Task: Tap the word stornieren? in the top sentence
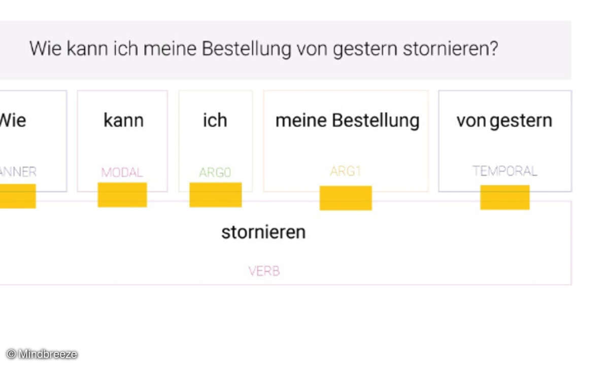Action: pyautogui.click(x=450, y=49)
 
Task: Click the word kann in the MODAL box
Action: pyautogui.click(x=123, y=121)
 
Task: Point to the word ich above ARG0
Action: pyautogui.click(x=215, y=121)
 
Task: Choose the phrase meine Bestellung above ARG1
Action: pyautogui.click(x=347, y=121)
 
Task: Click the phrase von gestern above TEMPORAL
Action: pyautogui.click(x=504, y=121)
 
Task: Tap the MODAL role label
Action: pyautogui.click(x=122, y=172)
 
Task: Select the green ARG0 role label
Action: pyautogui.click(x=215, y=172)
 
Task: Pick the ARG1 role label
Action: pyautogui.click(x=345, y=171)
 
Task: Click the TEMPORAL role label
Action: pyautogui.click(x=504, y=171)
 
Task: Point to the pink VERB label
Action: pyautogui.click(x=264, y=271)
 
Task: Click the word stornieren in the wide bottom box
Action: pyautogui.click(x=263, y=232)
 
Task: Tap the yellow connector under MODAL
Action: pyautogui.click(x=122, y=195)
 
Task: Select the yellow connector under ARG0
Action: pyautogui.click(x=215, y=195)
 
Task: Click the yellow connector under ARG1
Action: pyautogui.click(x=346, y=198)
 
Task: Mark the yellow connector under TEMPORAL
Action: pyautogui.click(x=505, y=197)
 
